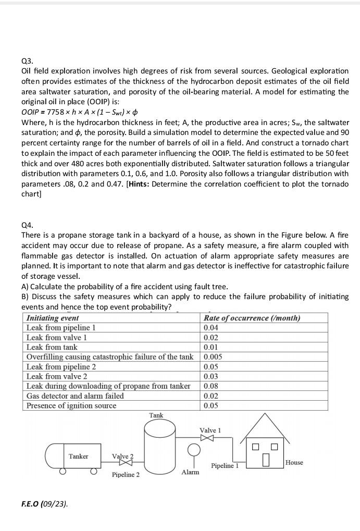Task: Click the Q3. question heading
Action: pyautogui.click(x=27, y=60)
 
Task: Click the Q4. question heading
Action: pyautogui.click(x=27, y=225)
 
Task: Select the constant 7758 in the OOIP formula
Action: pyautogui.click(x=56, y=112)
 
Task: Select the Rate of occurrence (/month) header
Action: pyautogui.click(x=252, y=318)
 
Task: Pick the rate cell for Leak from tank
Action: pyautogui.click(x=211, y=347)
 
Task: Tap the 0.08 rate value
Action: pyautogui.click(x=211, y=386)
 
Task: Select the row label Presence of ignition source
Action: pyautogui.click(x=71, y=406)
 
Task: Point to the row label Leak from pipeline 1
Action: pyautogui.click(x=61, y=328)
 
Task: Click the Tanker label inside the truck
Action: pyautogui.click(x=78, y=456)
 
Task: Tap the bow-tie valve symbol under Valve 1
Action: pyautogui.click(x=207, y=438)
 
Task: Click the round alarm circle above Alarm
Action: pyautogui.click(x=194, y=449)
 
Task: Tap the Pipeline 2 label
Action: pyautogui.click(x=126, y=475)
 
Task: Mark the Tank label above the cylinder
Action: pyautogui.click(x=156, y=415)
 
